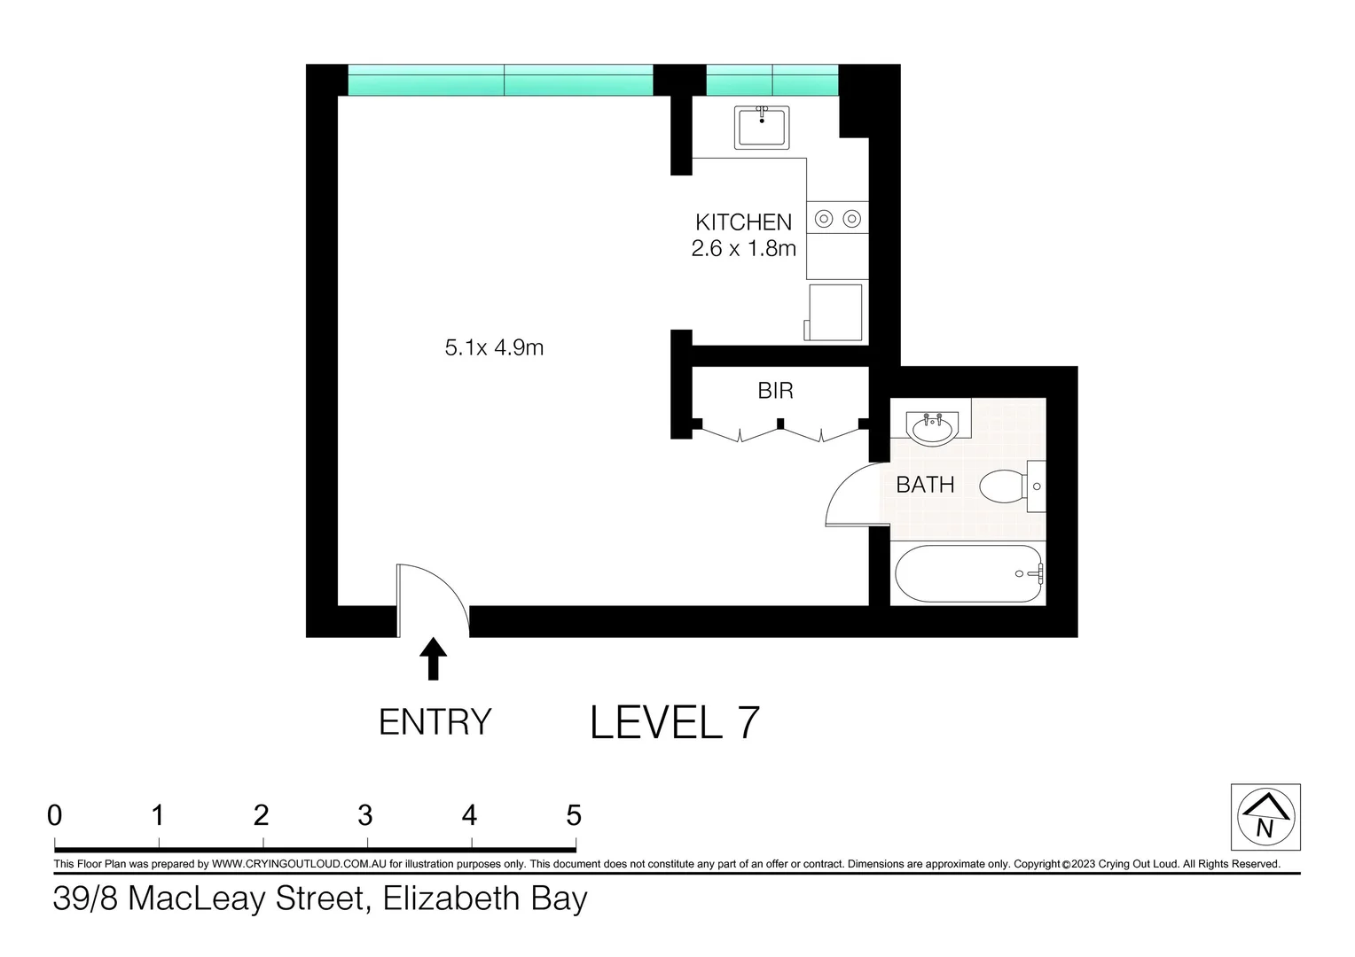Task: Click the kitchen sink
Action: tap(762, 128)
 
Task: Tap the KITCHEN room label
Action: tap(743, 222)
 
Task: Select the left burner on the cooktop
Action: tap(824, 218)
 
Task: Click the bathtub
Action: tap(969, 574)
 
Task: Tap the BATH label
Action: tap(925, 485)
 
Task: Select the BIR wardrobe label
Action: tap(775, 391)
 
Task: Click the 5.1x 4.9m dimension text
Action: tap(494, 347)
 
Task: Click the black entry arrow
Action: tap(433, 659)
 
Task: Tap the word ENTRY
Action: tap(435, 722)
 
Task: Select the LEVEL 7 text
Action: tap(675, 722)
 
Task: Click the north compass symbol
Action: tap(1265, 817)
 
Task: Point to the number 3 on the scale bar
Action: tap(364, 814)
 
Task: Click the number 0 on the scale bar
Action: tap(55, 814)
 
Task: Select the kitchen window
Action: tap(771, 81)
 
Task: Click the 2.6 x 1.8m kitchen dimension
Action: tap(743, 249)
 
